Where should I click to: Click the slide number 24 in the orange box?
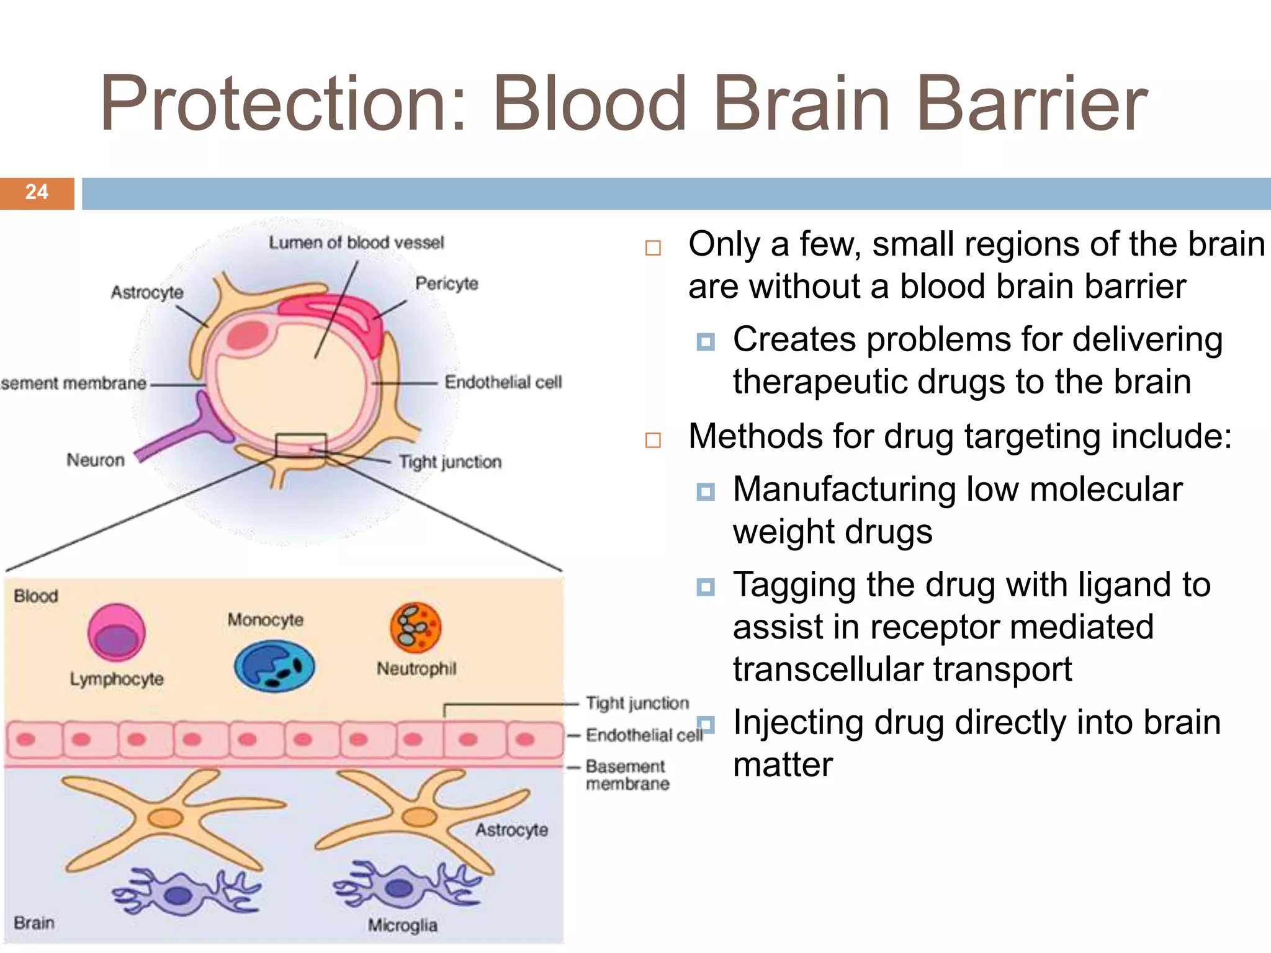click(x=37, y=192)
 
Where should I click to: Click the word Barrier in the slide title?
click(x=1031, y=104)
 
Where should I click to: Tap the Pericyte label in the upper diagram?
click(x=447, y=284)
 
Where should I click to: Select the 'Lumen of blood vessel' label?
click(x=356, y=243)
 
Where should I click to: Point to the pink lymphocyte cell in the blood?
click(x=116, y=632)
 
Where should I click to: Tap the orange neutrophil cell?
click(x=415, y=627)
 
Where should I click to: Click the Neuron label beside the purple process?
click(x=96, y=460)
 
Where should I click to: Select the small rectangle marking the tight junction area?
click(x=301, y=445)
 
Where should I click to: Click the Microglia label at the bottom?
click(x=402, y=925)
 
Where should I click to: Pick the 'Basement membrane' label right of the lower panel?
click(x=627, y=775)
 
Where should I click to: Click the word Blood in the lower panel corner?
click(x=36, y=596)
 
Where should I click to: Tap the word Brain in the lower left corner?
click(x=34, y=923)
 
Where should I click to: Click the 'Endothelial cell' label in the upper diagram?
click(x=503, y=382)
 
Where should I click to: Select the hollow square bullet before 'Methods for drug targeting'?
click(x=653, y=440)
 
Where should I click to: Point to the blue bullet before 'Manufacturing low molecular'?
click(x=705, y=492)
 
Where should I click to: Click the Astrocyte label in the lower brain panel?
click(x=511, y=830)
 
